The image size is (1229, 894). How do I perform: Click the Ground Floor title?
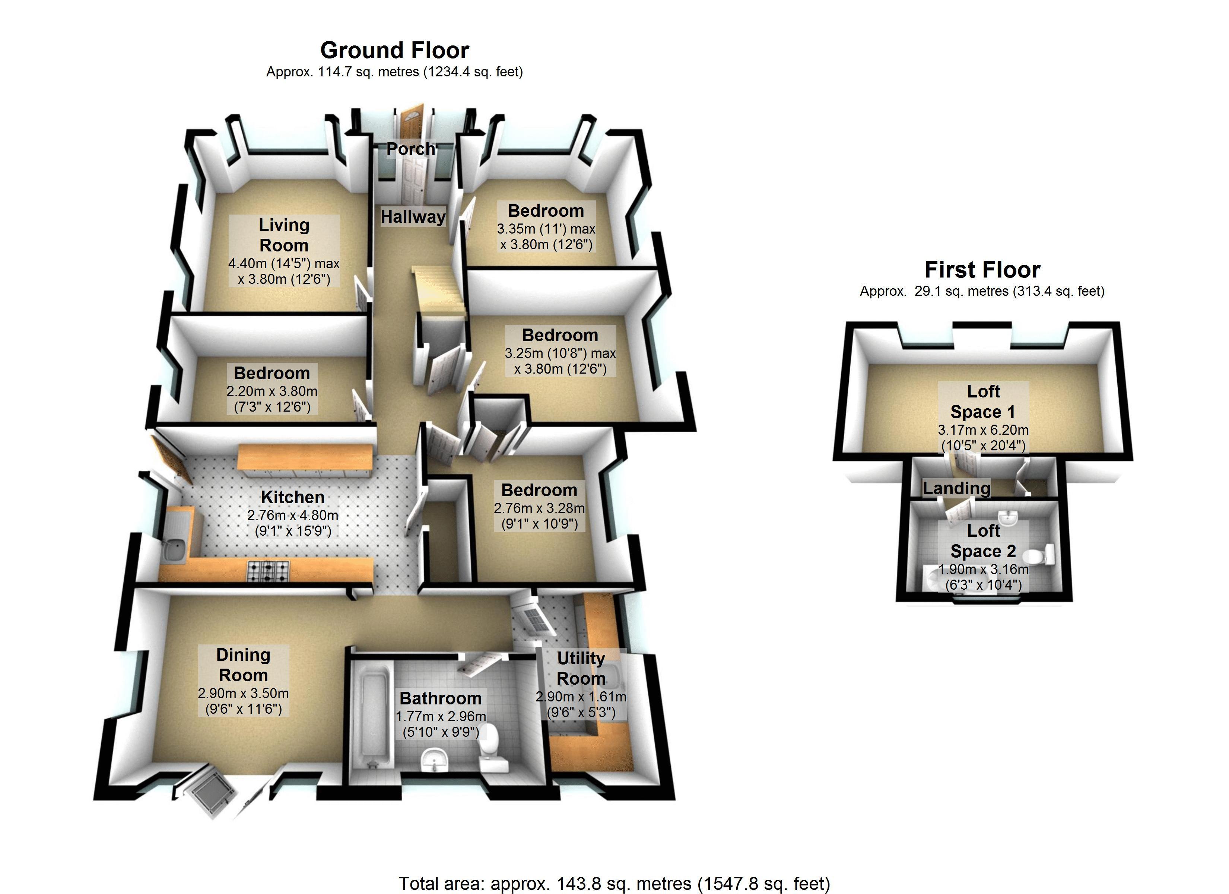394,50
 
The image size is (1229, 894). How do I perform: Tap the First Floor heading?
982,269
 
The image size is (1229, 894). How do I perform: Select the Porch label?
411,149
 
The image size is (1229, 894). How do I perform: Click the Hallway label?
413,217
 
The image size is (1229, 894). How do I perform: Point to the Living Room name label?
284,235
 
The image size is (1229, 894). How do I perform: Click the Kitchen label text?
293,497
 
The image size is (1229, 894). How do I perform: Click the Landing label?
956,488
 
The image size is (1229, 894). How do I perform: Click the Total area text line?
614,883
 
